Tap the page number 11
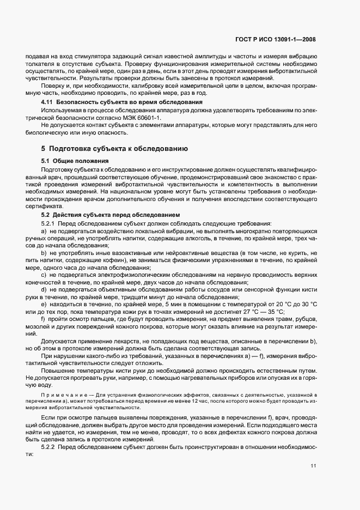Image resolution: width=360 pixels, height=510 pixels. [313, 465]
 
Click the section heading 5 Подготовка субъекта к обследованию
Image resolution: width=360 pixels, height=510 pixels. [115, 148]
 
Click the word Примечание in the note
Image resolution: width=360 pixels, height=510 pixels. [59, 394]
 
